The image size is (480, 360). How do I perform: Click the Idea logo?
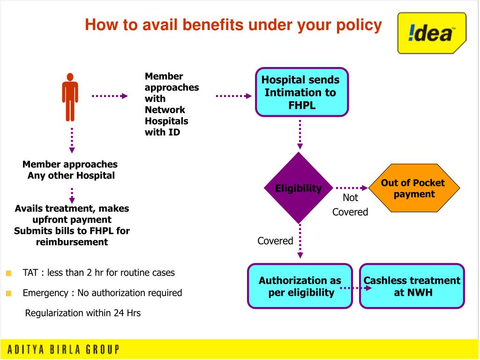pyautogui.click(x=431, y=33)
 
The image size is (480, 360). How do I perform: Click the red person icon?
pyautogui.click(x=70, y=97)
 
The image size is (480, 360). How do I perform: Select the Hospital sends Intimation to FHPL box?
pyautogui.click(x=301, y=92)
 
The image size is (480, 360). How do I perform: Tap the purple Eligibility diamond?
pyautogui.click(x=299, y=188)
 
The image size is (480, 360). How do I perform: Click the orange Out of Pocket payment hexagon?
pyautogui.click(x=413, y=188)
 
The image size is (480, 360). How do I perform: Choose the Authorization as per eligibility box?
pyautogui.click(x=300, y=286)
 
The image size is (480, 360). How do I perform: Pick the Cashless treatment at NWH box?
pyautogui.click(x=412, y=286)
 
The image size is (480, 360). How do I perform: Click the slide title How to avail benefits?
pyautogui.click(x=233, y=25)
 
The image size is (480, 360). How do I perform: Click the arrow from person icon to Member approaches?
pyautogui.click(x=110, y=96)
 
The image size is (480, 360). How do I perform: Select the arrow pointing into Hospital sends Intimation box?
pyautogui.click(x=234, y=96)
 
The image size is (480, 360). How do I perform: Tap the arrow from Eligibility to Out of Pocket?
pyautogui.click(x=352, y=187)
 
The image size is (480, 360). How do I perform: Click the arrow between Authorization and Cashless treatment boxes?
pyautogui.click(x=355, y=288)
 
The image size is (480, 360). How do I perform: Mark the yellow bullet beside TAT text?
pyautogui.click(x=9, y=273)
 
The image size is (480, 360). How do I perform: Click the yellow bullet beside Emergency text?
pyautogui.click(x=9, y=293)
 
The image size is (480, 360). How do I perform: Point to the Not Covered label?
pyautogui.click(x=350, y=205)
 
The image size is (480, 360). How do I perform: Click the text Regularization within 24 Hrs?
pyautogui.click(x=82, y=313)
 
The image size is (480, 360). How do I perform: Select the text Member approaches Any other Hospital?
pyautogui.click(x=70, y=170)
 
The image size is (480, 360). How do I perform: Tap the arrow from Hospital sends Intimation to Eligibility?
pyautogui.click(x=300, y=135)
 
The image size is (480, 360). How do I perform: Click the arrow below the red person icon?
pyautogui.click(x=72, y=140)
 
